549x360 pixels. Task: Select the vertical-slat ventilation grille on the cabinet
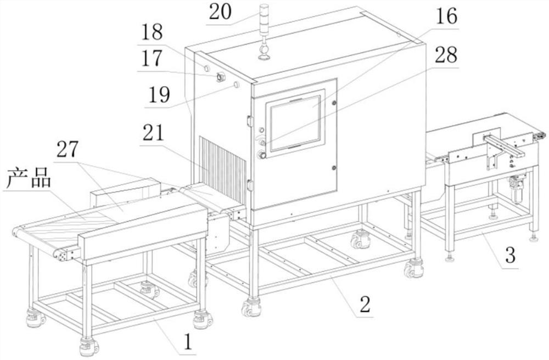(x=222, y=165)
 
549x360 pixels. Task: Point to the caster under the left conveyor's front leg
(x=88, y=346)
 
